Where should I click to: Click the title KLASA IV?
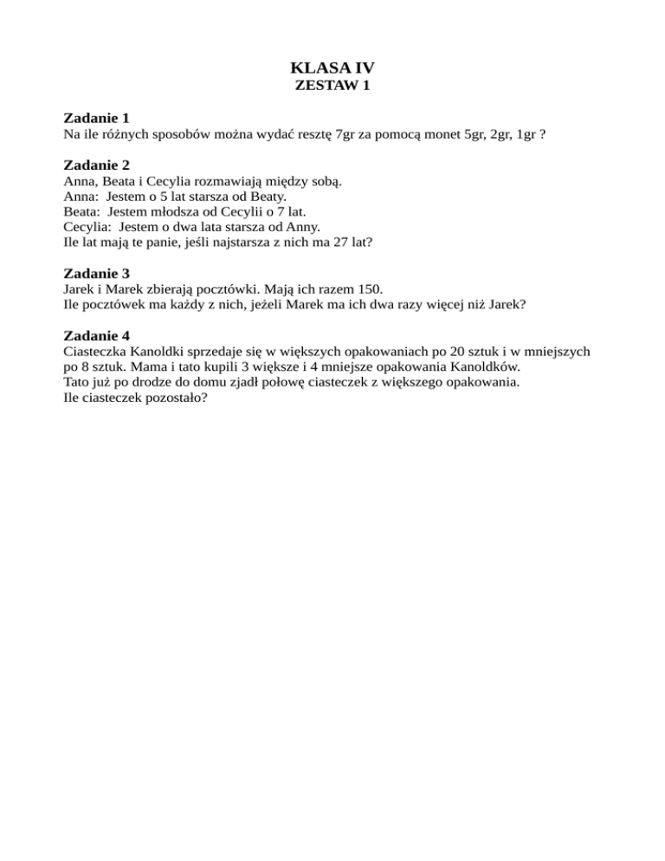(x=332, y=67)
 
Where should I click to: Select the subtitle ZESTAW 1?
(x=332, y=86)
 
